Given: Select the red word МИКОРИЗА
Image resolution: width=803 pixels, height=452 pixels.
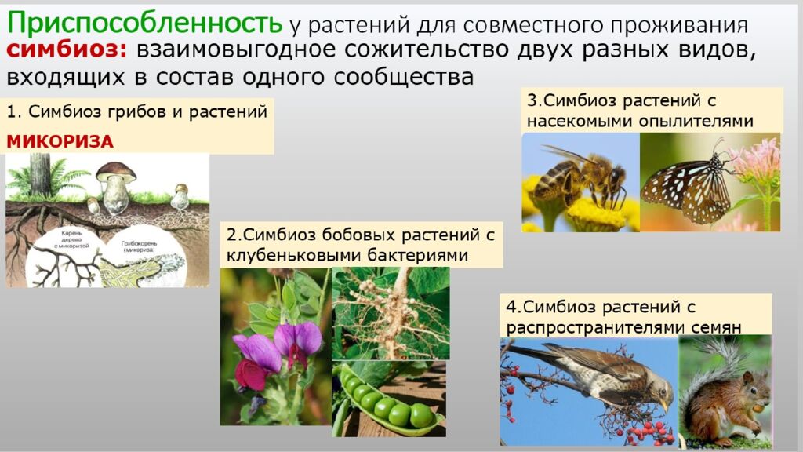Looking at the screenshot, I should point(60,141).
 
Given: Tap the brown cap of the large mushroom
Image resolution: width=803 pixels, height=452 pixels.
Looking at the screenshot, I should point(115,170).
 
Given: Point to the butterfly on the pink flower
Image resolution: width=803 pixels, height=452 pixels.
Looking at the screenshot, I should point(686,184).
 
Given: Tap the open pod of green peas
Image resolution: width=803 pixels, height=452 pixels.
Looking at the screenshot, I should point(388,400).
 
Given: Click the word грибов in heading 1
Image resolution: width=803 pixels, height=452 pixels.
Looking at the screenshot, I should point(134,111).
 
